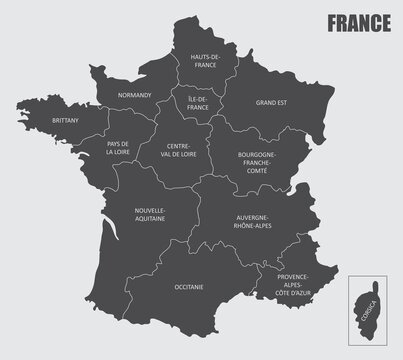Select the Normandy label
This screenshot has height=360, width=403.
pyautogui.click(x=134, y=95)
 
